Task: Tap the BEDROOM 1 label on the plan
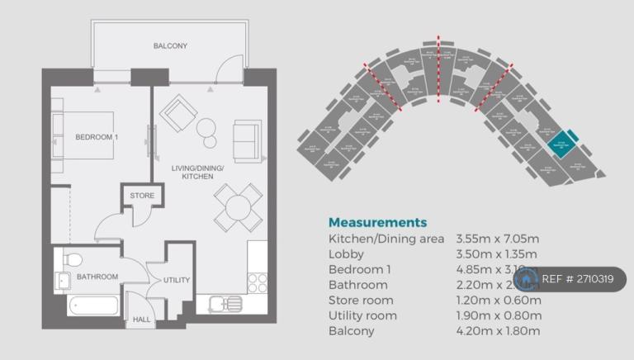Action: coord(97,137)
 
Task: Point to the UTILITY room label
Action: coord(177,281)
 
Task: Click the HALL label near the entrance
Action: coord(142,318)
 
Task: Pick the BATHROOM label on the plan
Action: coord(97,277)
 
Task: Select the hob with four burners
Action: coord(257,282)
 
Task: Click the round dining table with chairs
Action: coord(234,206)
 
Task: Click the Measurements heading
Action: coord(377,222)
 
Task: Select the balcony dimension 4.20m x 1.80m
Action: coord(498,331)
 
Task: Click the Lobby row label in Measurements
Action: coord(346,253)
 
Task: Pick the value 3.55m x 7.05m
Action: coord(498,239)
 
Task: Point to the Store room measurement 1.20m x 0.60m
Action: coord(498,300)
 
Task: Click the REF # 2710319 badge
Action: coord(578,279)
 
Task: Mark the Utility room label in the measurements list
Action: coord(362,315)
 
